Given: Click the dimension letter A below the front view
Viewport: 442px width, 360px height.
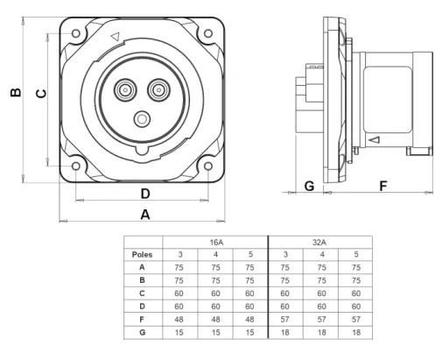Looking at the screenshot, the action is [x=145, y=215].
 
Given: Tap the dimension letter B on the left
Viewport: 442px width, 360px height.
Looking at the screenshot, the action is [x=16, y=92].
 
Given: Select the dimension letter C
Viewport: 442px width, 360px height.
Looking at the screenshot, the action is [x=41, y=94].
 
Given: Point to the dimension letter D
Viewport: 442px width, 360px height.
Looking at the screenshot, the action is [x=145, y=194].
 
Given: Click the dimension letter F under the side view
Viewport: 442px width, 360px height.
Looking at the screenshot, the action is [x=383, y=186].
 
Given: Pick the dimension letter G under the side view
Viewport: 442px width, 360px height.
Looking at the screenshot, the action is [x=309, y=186].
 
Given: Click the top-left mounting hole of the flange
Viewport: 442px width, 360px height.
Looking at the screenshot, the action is [x=76, y=33].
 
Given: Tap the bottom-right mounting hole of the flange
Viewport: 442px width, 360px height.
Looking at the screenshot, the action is [x=208, y=166].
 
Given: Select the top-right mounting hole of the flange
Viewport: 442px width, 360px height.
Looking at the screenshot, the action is [x=208, y=33].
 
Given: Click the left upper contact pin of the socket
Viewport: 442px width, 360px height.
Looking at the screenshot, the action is [x=125, y=90].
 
